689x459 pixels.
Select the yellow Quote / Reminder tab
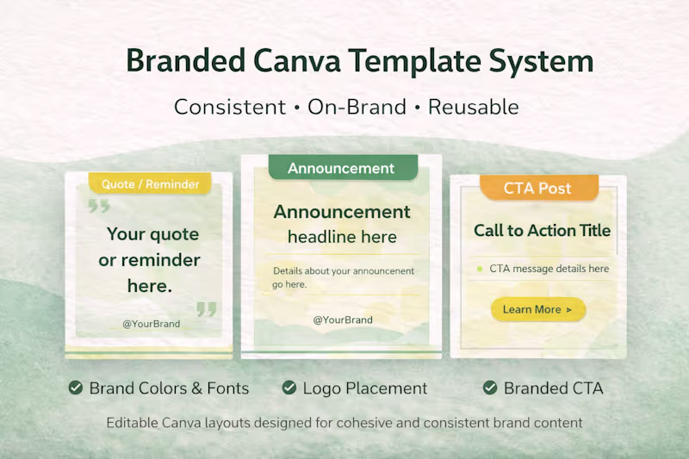[x=150, y=183]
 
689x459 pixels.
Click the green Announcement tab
[x=341, y=168]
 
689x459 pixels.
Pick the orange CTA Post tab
[x=537, y=188]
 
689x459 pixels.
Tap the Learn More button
[x=537, y=309]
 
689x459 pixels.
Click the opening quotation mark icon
[x=99, y=206]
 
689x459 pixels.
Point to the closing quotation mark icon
[x=207, y=308]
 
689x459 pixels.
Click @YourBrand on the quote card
[x=151, y=324]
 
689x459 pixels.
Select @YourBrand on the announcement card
[x=342, y=319]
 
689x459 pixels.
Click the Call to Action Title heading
[x=542, y=230]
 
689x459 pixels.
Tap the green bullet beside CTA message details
[x=479, y=269]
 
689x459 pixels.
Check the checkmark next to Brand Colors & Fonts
[x=76, y=388]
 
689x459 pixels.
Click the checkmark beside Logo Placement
[x=289, y=388]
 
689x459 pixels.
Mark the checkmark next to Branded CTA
[x=490, y=388]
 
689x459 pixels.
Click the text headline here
[x=342, y=237]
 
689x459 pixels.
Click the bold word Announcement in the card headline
[x=342, y=212]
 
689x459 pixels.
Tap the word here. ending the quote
[x=149, y=286]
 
